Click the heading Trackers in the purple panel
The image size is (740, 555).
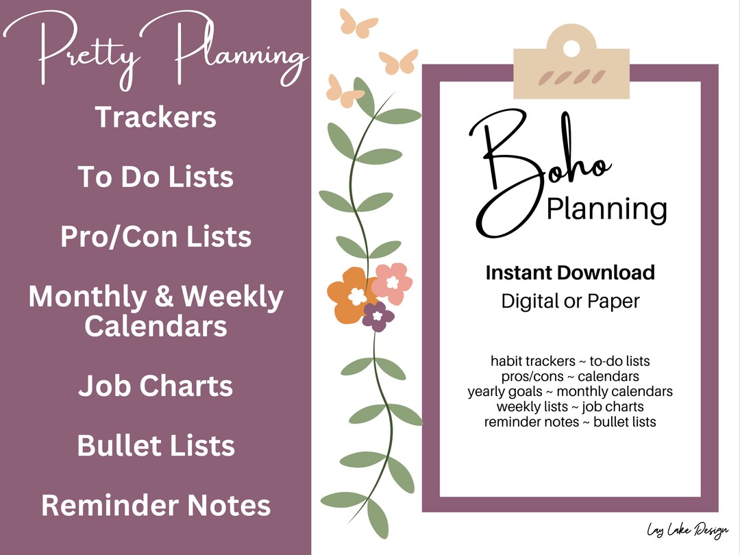pos(156,117)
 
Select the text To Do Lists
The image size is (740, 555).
pos(156,177)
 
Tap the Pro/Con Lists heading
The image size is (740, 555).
pos(156,237)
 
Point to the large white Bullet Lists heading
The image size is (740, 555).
pos(156,445)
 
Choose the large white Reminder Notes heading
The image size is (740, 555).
pos(156,506)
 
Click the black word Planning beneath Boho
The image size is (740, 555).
pos(606,208)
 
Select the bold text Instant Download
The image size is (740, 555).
pos(570,273)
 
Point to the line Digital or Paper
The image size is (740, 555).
pos(570,301)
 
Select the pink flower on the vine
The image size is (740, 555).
pos(393,282)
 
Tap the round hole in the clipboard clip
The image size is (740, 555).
pos(570,47)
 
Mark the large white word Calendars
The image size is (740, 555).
pos(156,326)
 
